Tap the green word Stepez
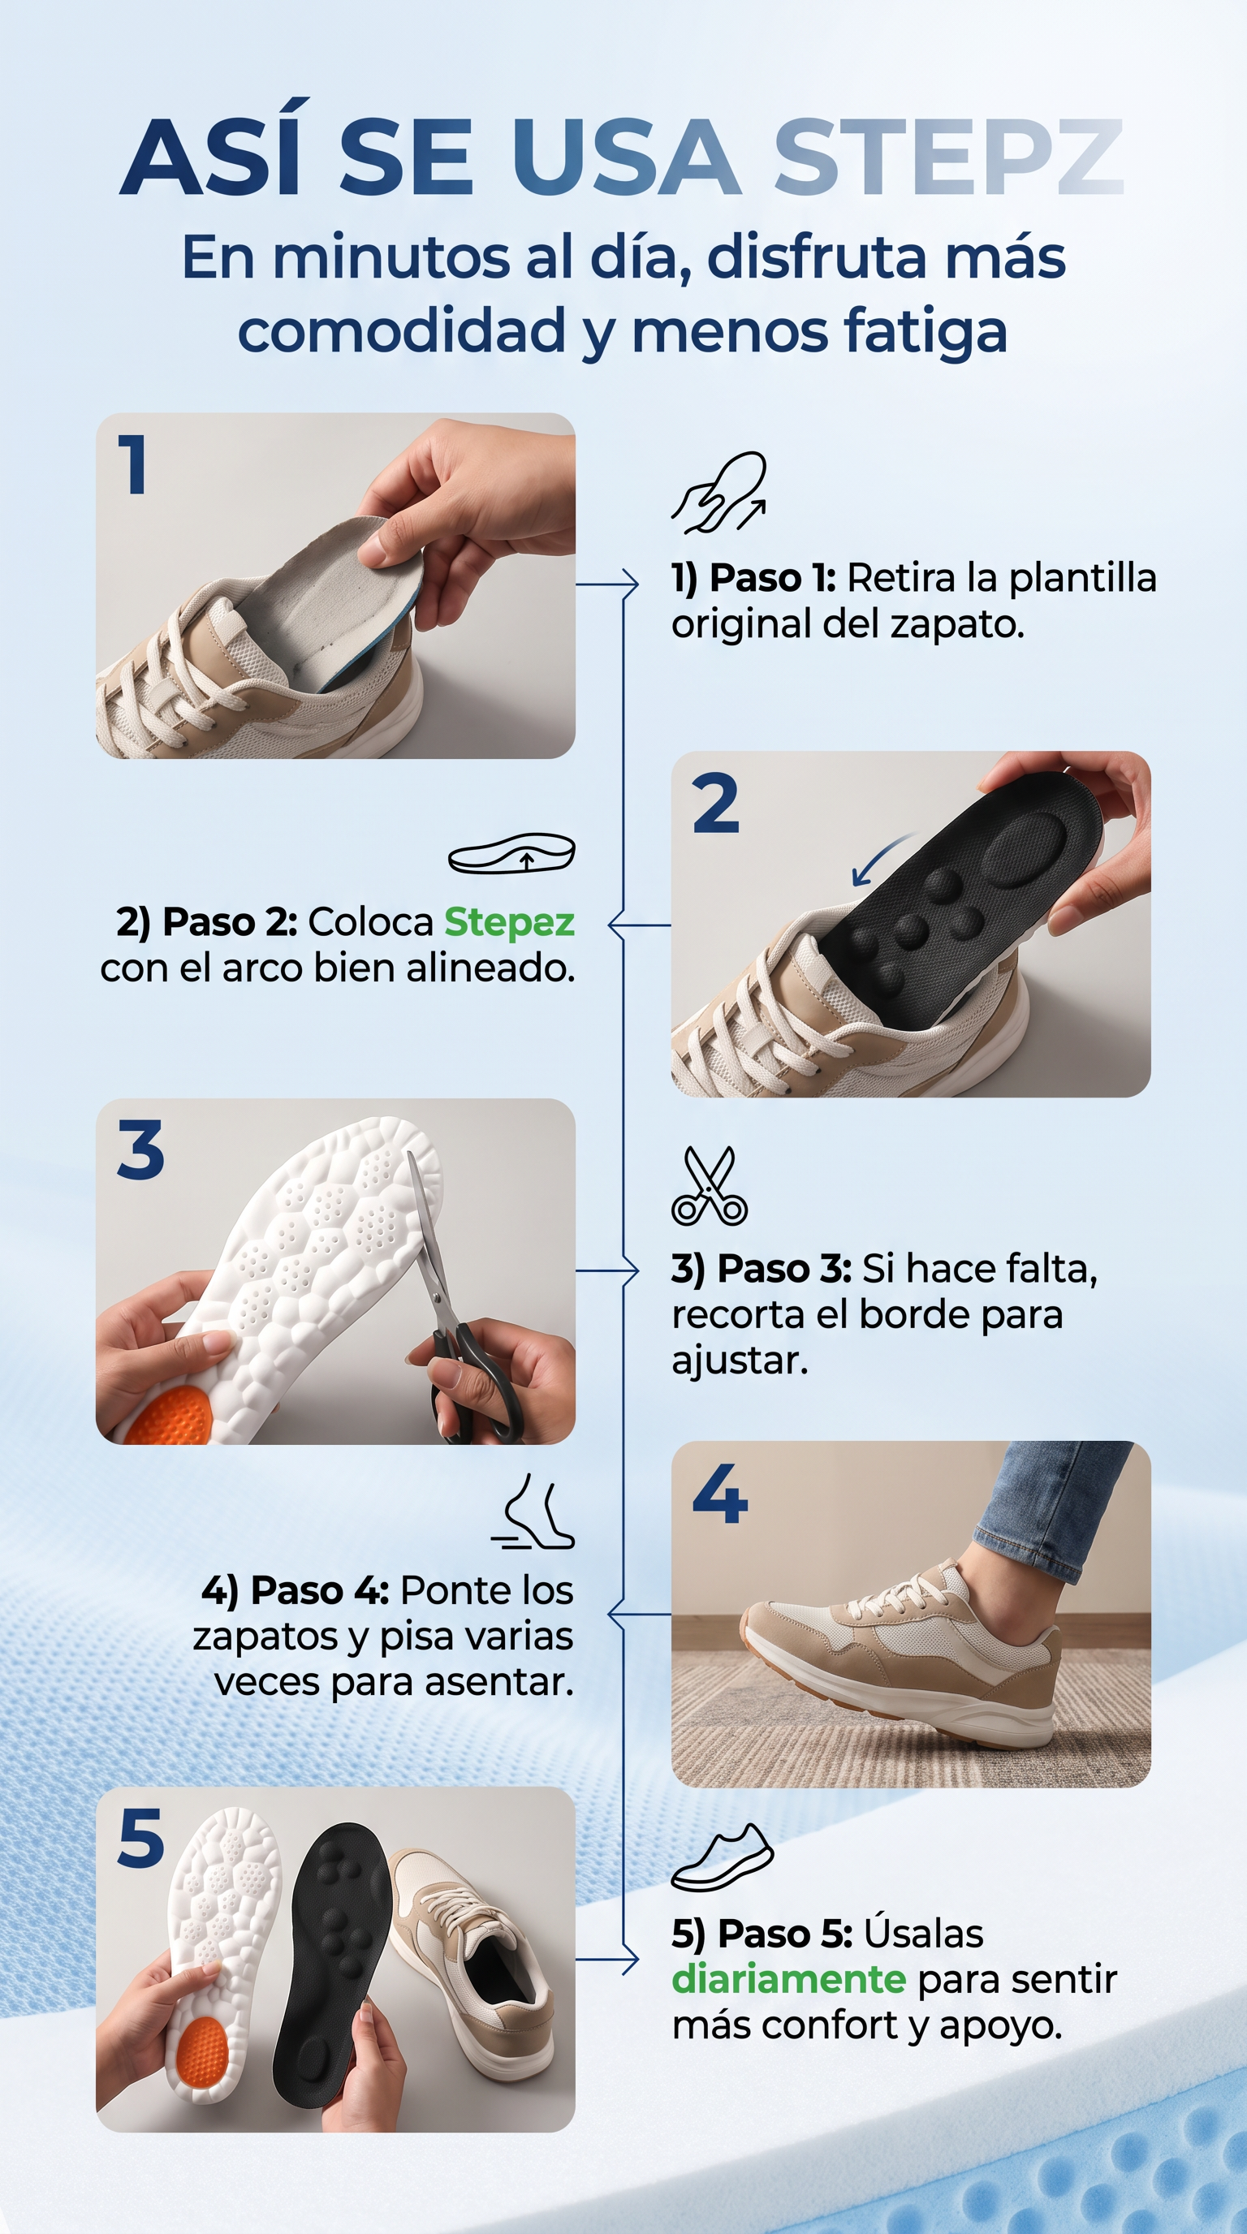(x=509, y=923)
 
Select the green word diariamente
(x=789, y=1979)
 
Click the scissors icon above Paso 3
(x=710, y=1185)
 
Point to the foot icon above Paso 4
(x=533, y=1511)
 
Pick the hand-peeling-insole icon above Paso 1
(x=718, y=493)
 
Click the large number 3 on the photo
(x=140, y=1150)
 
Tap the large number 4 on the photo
(x=720, y=1494)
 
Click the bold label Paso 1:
(x=773, y=578)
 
